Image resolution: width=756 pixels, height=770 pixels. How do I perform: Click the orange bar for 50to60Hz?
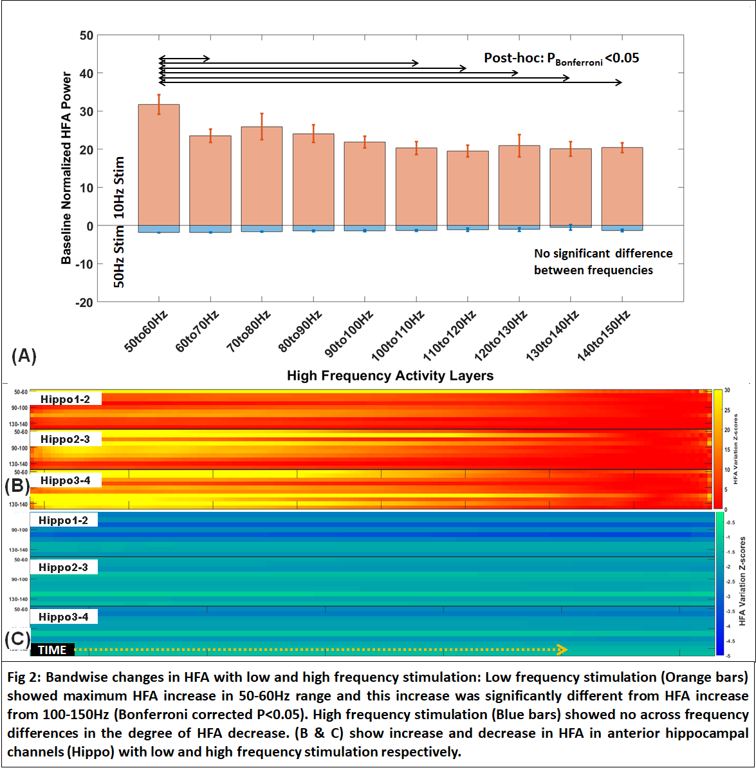[x=159, y=165]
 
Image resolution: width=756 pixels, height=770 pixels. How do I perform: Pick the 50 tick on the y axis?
[x=86, y=35]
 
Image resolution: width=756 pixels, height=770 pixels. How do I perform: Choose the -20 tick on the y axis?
[x=84, y=302]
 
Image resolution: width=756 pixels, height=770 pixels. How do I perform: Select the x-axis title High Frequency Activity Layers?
[x=390, y=376]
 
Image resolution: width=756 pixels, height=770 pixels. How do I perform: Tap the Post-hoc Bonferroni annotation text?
[x=561, y=59]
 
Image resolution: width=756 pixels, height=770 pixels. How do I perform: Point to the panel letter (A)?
[x=24, y=355]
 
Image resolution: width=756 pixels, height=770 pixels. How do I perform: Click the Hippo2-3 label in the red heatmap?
[x=65, y=439]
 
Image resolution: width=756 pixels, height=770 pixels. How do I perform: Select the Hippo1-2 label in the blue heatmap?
[x=63, y=520]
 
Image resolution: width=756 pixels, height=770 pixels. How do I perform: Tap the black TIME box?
[x=53, y=650]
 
